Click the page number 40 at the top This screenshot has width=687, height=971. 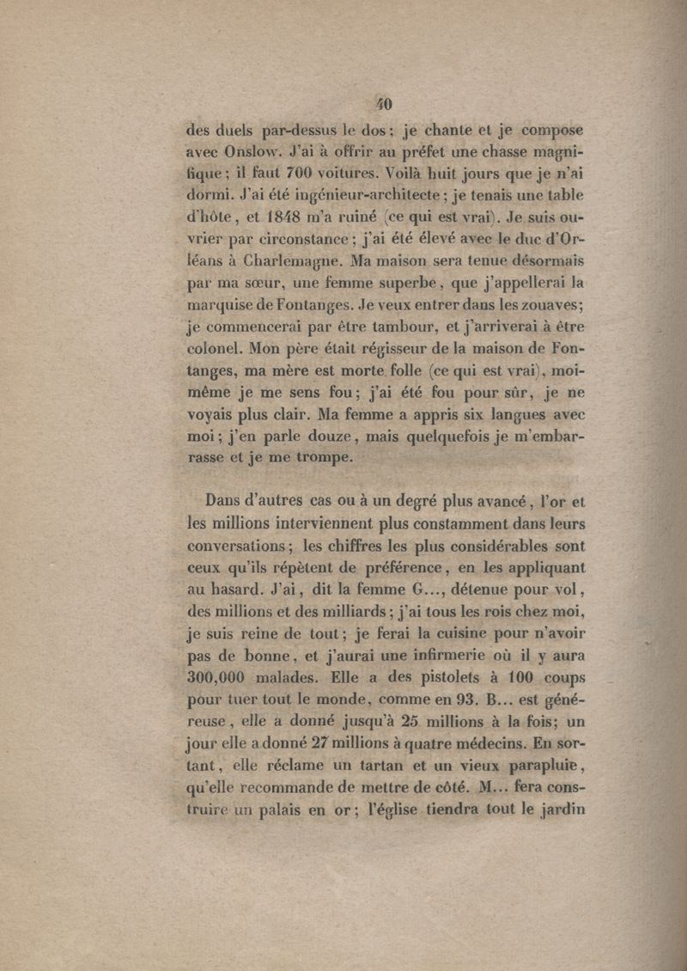click(x=383, y=104)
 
